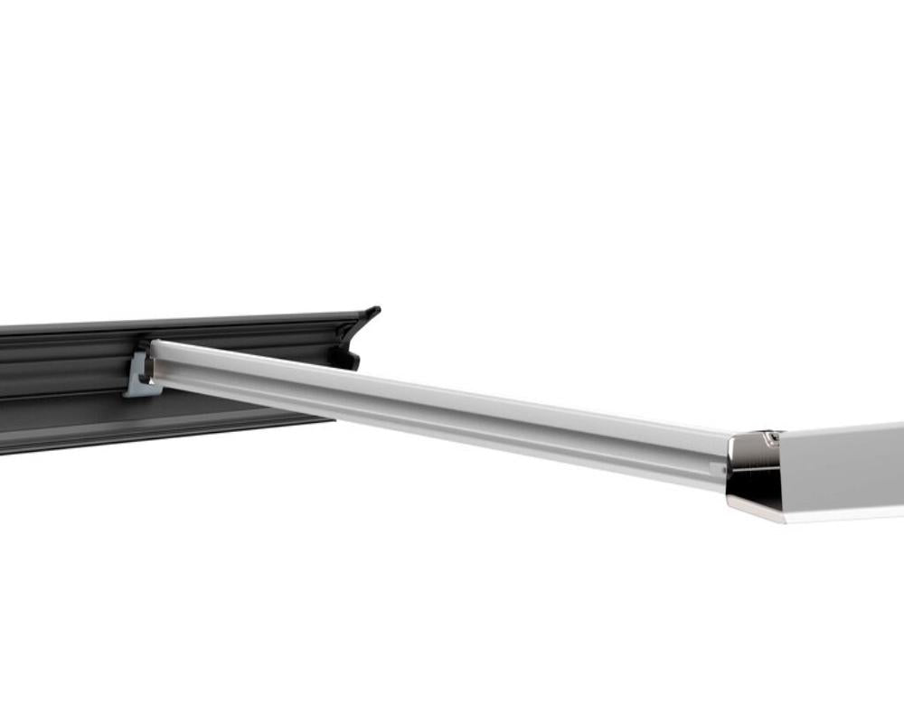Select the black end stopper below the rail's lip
pos(345,358)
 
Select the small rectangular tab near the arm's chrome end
pos(718,469)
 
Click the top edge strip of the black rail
pos(181,319)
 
